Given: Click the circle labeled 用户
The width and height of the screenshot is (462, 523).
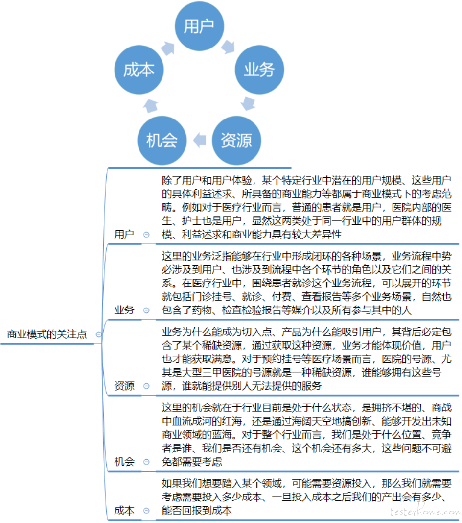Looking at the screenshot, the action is pos(199,26).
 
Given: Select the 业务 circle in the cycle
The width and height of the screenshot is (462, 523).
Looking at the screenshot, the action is pos(259,70).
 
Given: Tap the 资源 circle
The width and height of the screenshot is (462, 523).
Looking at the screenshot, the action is pos(236,140).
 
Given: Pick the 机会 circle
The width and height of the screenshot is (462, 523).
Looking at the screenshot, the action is pos(162,140).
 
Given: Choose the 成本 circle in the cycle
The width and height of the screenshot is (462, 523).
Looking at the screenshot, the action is pos(139,70).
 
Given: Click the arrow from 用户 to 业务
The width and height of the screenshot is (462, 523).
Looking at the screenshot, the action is pos(229,47).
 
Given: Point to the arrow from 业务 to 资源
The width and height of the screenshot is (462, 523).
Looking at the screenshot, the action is pos(248,103).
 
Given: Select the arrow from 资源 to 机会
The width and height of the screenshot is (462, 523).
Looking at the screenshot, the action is pos(200,140).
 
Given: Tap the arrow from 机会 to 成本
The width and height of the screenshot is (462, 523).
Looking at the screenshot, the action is pos(150,105).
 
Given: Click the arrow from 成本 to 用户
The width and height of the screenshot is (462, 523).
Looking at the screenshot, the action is pos(168,48).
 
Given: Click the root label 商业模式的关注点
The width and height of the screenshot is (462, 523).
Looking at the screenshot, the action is pos(47,334).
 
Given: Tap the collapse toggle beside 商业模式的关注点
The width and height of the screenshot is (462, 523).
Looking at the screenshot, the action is pos(99,334).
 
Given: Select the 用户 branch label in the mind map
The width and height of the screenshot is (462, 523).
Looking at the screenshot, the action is pos(124,235).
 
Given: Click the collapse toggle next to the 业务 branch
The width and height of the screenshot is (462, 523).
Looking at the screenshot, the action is pos(146,310).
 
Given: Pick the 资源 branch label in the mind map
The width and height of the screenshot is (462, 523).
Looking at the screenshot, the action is pos(124,386).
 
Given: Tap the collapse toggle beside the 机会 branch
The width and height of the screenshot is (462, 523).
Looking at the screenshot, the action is pos(146,462).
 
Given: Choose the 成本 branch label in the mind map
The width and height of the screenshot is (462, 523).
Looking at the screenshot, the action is pos(124,510).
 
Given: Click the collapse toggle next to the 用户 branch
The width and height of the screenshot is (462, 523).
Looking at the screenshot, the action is pos(146,235).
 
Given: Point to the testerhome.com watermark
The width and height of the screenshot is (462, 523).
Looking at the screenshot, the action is pos(425,511).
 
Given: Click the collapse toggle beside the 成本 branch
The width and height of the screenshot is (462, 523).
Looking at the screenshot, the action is pos(146,511).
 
